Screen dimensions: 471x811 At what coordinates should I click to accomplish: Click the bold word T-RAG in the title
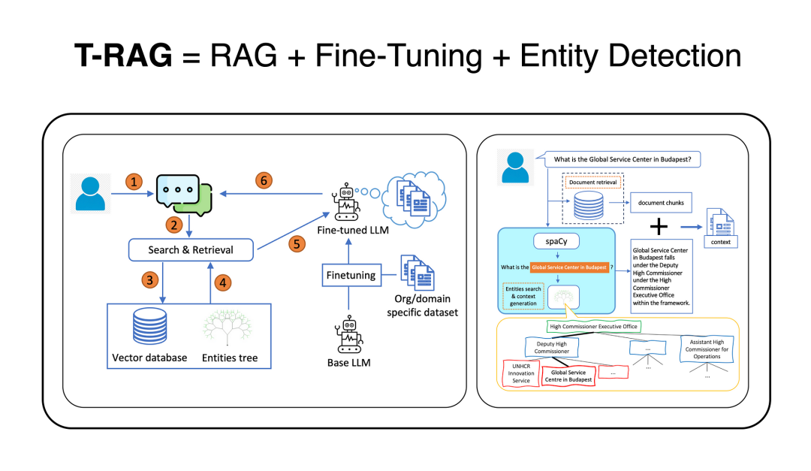click(x=125, y=56)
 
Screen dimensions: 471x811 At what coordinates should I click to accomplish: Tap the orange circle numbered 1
click(x=134, y=181)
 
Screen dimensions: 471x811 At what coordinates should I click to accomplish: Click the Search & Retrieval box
click(x=191, y=249)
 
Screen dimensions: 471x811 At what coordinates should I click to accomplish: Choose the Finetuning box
click(x=350, y=276)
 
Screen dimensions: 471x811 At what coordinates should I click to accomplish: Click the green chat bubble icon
click(x=185, y=193)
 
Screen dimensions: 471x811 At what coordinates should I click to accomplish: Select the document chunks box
click(x=656, y=203)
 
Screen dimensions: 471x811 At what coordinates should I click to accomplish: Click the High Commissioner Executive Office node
click(x=593, y=327)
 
